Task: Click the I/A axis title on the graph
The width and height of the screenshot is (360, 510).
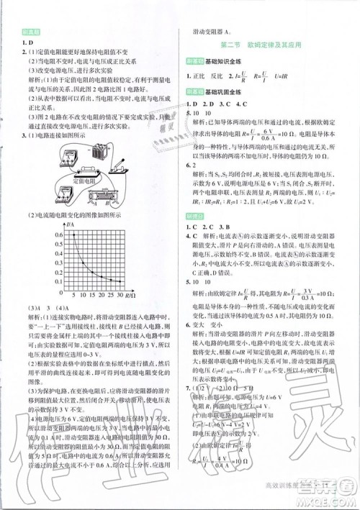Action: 69,225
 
